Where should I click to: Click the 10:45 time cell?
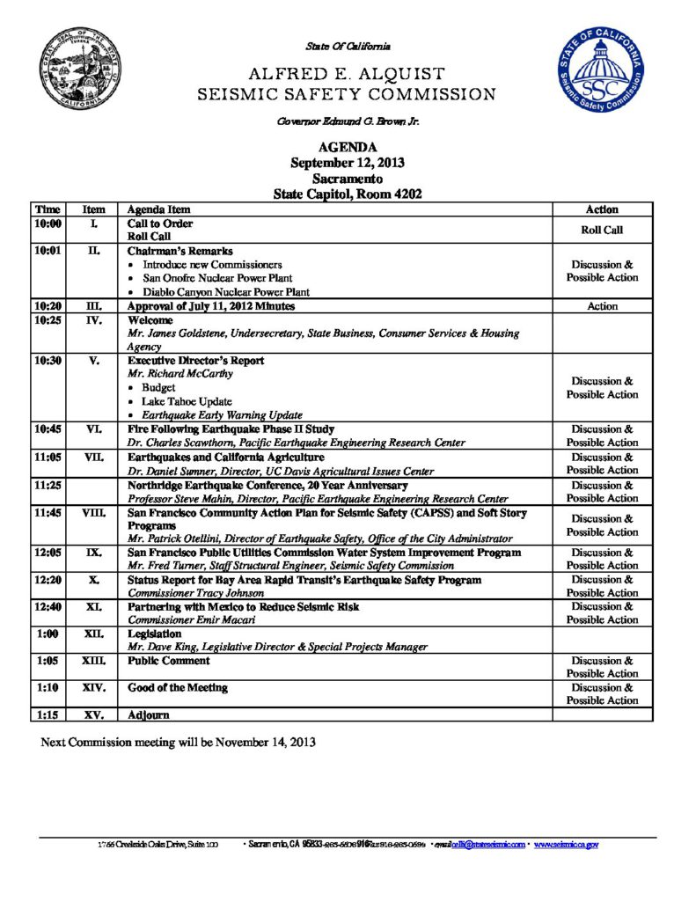click(47, 429)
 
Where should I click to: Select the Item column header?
click(93, 209)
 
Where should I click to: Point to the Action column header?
click(602, 209)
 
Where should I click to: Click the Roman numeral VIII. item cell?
click(93, 512)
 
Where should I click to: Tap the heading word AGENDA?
click(348, 148)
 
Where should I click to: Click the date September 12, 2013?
click(348, 163)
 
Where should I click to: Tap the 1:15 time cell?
click(47, 714)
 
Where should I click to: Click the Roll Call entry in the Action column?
click(602, 231)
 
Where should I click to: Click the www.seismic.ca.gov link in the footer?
click(566, 845)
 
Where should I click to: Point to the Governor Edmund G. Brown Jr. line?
click(348, 122)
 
